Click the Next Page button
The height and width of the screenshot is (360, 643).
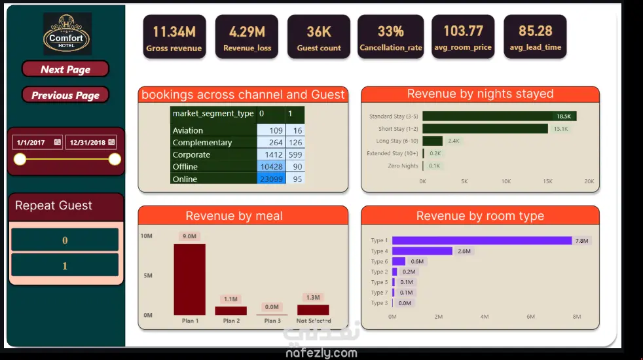click(65, 69)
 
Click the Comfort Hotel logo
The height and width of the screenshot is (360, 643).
click(67, 33)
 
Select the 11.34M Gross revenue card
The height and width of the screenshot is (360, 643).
click(174, 37)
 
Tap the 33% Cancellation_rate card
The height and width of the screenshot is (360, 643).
click(390, 37)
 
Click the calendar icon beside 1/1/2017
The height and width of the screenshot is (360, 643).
click(58, 142)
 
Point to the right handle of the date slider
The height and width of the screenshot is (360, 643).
click(115, 159)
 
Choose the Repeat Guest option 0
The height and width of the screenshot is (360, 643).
click(65, 240)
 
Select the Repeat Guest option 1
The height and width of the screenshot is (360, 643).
click(65, 266)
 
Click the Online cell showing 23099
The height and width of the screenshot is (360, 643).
click(271, 179)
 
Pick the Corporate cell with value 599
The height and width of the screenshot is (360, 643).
click(295, 154)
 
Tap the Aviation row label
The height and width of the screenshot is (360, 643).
click(188, 130)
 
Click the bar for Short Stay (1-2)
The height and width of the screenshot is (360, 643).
click(485, 129)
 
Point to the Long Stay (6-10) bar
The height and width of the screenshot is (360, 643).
click(433, 141)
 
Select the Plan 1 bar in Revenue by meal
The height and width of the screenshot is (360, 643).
click(189, 279)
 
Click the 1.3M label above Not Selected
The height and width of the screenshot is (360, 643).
click(313, 297)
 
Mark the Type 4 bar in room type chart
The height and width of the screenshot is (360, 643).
click(422, 251)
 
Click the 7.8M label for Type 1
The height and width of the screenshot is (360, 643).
click(581, 241)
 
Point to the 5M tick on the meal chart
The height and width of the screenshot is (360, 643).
click(147, 276)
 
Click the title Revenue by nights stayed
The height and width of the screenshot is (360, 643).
click(480, 94)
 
